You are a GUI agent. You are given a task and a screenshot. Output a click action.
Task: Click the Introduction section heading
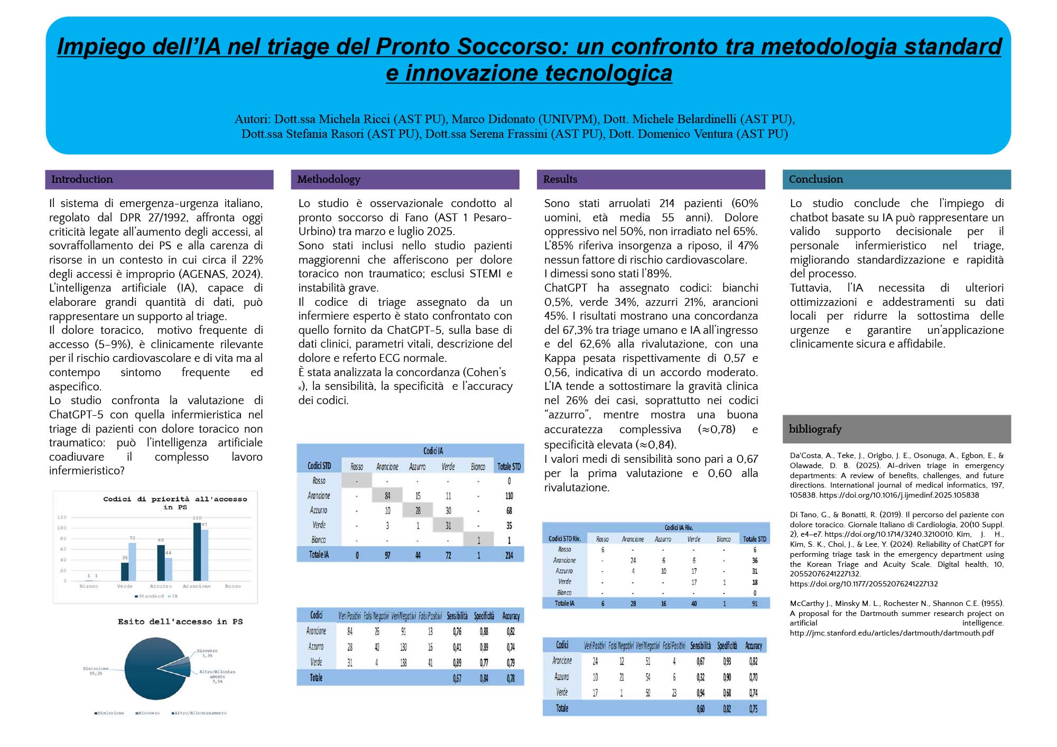point(82,179)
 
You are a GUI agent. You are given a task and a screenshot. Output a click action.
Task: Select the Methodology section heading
point(329,179)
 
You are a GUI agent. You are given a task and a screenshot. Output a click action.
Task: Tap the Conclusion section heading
point(815,179)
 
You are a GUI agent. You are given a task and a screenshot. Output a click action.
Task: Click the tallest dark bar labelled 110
point(197,552)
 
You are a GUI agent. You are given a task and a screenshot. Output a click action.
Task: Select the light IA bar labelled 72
point(132,562)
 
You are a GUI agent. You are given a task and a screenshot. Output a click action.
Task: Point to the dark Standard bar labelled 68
point(161,563)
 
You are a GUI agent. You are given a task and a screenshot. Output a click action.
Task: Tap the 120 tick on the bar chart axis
point(62,517)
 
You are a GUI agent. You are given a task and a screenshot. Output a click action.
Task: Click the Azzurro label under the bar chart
point(161,586)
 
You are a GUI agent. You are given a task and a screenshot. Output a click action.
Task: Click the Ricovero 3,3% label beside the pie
point(207,653)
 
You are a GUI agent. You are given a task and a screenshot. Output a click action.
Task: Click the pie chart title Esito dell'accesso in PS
point(180,622)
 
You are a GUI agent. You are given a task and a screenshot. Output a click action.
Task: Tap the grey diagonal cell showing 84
point(387,496)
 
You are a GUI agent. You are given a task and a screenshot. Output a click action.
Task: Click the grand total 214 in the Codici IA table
point(509,555)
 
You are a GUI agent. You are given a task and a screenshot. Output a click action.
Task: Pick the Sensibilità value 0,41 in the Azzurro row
point(457,647)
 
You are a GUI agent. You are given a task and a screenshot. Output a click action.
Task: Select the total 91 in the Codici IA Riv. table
point(754,603)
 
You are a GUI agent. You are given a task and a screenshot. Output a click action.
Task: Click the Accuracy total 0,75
point(753,709)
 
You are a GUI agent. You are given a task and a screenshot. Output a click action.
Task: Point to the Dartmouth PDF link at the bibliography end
point(892,633)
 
